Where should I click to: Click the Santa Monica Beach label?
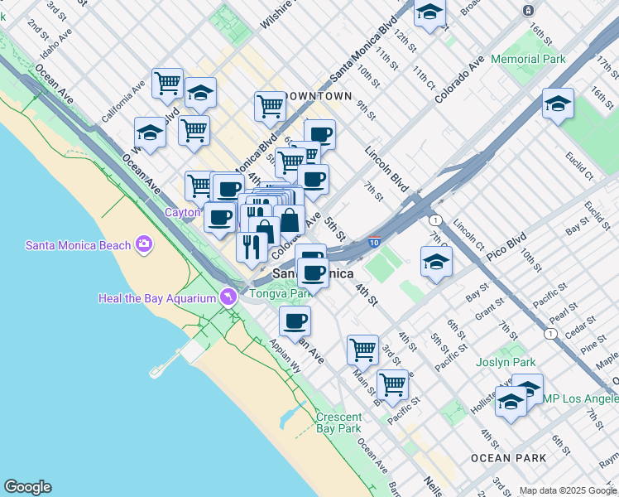[79, 245]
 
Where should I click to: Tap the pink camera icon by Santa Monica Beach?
[145, 244]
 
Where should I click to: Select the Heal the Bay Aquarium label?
[156, 298]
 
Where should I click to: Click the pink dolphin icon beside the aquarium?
[226, 297]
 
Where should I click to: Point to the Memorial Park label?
[528, 60]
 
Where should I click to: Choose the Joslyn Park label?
[506, 363]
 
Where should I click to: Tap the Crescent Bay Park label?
[338, 422]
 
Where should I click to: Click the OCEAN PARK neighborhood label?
[508, 458]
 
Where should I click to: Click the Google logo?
[27, 487]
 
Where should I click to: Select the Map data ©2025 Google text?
[568, 490]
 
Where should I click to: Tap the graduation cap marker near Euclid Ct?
[559, 104]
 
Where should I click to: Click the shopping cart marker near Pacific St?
[392, 384]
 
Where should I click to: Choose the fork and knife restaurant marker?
[252, 245]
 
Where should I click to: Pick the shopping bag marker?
[290, 221]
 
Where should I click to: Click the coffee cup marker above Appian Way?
[295, 321]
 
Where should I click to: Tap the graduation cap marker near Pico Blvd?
[436, 263]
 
